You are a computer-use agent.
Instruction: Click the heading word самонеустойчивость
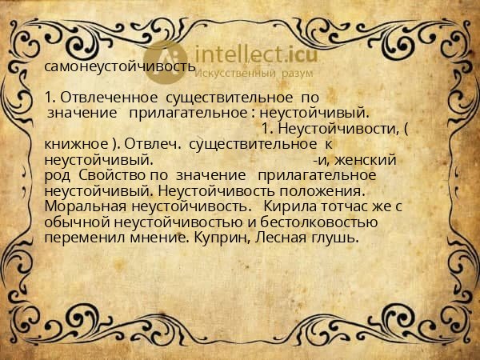tap(120, 67)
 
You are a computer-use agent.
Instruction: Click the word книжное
tap(76, 144)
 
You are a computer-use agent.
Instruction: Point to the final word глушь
tap(336, 238)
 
